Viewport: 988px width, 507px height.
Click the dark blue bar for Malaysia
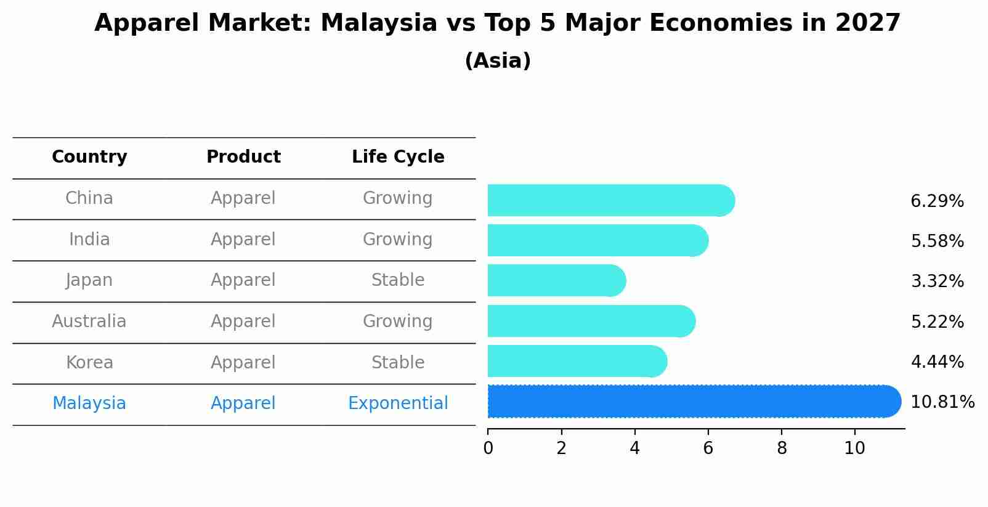[x=694, y=401]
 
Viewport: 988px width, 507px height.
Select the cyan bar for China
[x=611, y=200]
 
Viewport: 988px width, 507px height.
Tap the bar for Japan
[x=557, y=281]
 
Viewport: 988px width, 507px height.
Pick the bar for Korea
[x=577, y=361]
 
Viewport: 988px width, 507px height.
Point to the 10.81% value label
[x=942, y=402]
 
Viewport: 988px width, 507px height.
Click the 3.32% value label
[x=937, y=281]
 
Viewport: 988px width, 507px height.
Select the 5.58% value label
[x=937, y=241]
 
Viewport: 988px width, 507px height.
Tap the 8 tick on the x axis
[x=782, y=448]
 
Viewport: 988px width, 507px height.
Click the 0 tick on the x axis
[x=488, y=448]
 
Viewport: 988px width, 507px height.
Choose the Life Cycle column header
[x=398, y=156]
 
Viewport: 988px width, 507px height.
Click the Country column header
[x=89, y=156]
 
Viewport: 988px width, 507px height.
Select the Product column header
[x=243, y=156]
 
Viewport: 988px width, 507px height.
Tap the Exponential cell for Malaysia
[x=398, y=404]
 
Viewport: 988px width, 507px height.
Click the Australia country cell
[x=89, y=321]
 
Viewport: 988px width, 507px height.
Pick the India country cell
[x=89, y=239]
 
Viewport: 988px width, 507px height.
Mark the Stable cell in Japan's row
[x=398, y=280]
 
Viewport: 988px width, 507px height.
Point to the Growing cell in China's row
[x=397, y=198]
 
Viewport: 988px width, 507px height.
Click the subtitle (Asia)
[x=498, y=60]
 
